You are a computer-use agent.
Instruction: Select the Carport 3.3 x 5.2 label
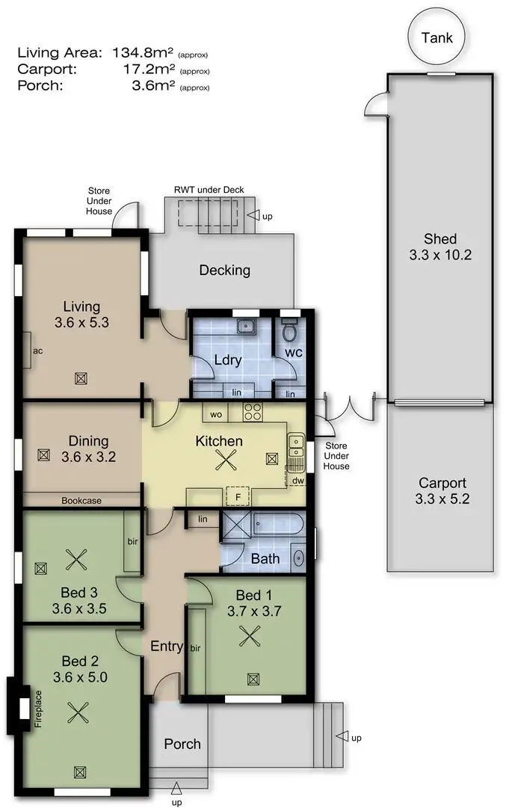(x=442, y=490)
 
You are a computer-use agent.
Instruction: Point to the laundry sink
(x=244, y=326)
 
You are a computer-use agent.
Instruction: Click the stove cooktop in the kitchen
(x=253, y=410)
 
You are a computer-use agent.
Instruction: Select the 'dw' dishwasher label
(x=297, y=480)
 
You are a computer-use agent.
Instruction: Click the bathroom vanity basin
(x=299, y=557)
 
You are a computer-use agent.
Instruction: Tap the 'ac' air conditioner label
(x=36, y=350)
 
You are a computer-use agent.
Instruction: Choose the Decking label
(x=224, y=270)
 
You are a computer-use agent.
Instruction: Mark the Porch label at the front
(x=182, y=744)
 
